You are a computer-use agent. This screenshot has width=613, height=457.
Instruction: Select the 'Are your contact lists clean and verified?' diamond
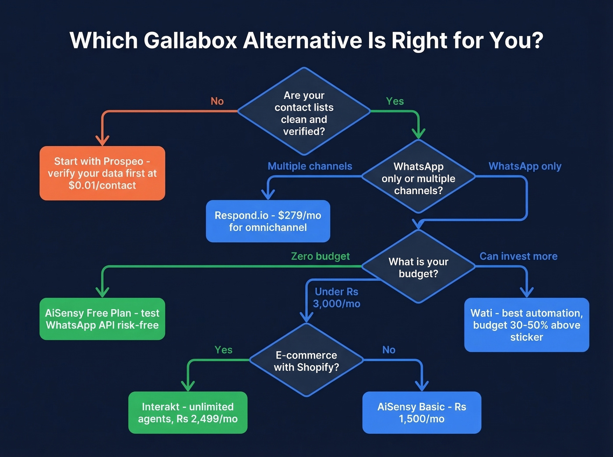coord(304,113)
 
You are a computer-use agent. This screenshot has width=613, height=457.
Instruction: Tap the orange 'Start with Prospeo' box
coord(102,173)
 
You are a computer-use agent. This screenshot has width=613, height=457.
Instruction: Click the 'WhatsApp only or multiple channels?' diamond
coord(418,178)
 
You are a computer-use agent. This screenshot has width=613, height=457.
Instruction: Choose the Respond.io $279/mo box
coord(268,221)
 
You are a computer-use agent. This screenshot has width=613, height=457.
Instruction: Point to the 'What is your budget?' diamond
coord(418,267)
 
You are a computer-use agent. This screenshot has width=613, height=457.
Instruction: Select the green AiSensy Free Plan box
coord(102,319)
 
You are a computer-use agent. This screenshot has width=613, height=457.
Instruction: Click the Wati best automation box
coord(526,325)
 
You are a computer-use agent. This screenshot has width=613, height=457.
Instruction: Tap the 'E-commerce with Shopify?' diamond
coord(306,361)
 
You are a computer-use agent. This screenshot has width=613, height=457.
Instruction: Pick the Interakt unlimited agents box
coord(188,412)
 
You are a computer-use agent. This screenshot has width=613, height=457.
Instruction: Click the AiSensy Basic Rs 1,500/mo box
coord(422,412)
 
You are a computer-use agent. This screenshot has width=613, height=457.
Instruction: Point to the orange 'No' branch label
coord(217,101)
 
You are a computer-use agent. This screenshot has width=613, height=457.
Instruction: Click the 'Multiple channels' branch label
coord(310,166)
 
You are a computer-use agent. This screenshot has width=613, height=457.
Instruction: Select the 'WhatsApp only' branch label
coord(525,166)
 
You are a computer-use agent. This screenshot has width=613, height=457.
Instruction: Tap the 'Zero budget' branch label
coord(320,256)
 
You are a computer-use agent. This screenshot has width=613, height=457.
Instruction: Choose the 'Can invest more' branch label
coord(518,256)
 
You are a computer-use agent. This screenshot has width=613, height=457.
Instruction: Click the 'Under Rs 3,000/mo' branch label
coord(336,297)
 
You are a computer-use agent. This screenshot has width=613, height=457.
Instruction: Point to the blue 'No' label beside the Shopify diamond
coord(388,350)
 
